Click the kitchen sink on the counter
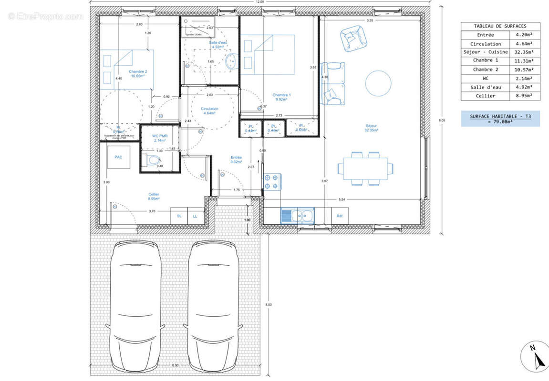(297, 216)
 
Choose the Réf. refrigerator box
(340, 216)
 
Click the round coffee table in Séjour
(378, 83)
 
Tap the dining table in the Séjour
(365, 168)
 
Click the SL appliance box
(179, 216)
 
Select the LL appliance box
(195, 216)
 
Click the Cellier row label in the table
(486, 96)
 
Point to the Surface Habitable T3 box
(500, 119)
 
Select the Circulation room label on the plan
(209, 109)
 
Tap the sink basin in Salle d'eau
(232, 61)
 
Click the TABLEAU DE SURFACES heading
(500, 26)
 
